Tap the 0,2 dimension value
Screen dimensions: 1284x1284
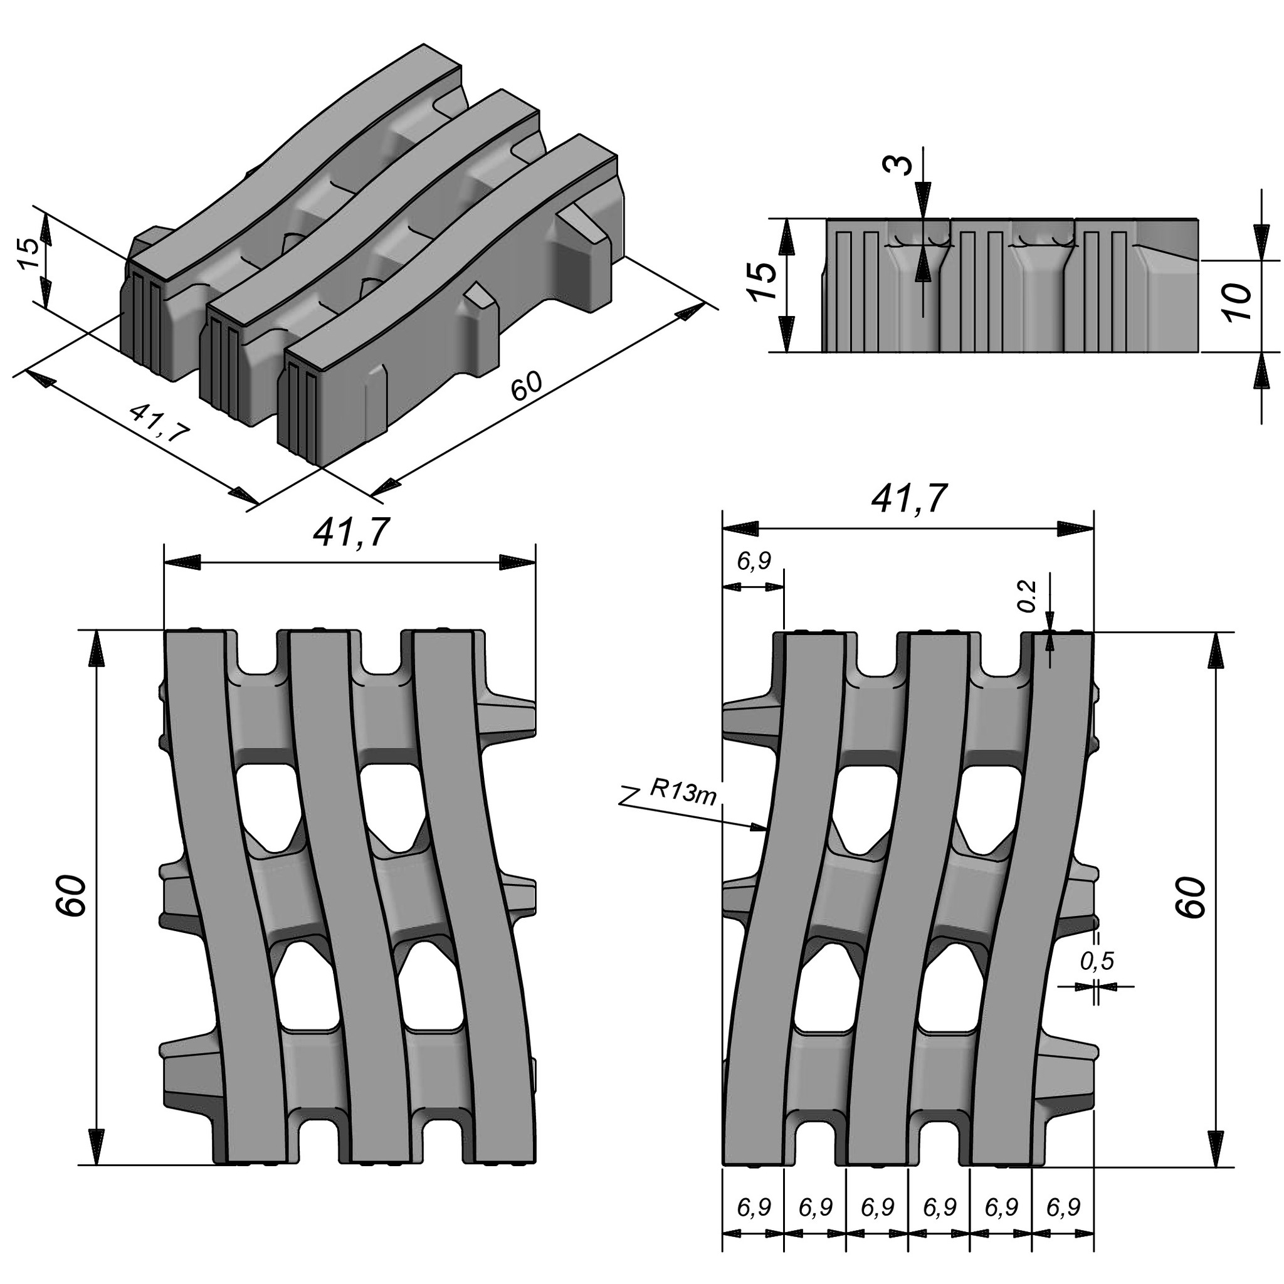point(1028,596)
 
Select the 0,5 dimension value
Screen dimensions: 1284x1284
point(1097,960)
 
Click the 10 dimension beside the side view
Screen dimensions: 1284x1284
point(1238,302)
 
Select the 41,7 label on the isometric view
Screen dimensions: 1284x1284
point(159,423)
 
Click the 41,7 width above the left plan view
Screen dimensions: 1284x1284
point(351,533)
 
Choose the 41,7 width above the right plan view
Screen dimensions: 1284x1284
point(909,499)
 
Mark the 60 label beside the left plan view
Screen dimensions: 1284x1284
point(71,897)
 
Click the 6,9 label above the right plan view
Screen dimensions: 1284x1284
point(754,562)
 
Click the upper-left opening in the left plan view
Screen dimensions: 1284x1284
point(268,806)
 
